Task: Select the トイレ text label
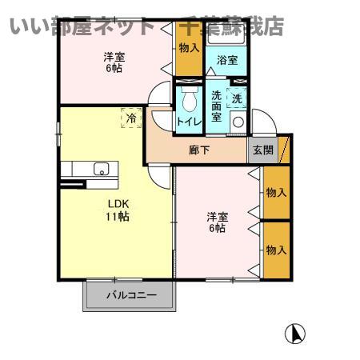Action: point(189,122)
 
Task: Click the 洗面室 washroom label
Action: point(217,106)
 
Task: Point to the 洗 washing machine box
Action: point(236,98)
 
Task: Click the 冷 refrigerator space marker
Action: point(130,117)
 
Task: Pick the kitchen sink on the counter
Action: point(102,168)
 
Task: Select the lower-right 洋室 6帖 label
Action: point(216,222)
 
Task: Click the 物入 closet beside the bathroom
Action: point(189,48)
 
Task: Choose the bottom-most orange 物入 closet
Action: point(275,250)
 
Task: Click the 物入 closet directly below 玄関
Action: point(275,192)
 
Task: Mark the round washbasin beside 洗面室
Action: point(238,123)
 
